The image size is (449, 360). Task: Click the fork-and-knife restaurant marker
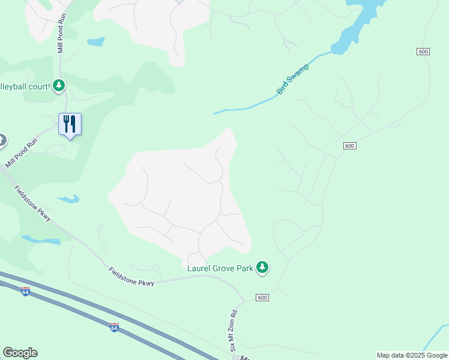tap(70, 124)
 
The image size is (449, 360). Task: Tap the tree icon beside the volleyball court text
tap(58, 86)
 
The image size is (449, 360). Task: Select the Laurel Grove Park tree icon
tap(262, 267)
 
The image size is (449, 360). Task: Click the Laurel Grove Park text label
tap(220, 268)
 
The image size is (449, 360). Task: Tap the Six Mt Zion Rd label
tap(234, 331)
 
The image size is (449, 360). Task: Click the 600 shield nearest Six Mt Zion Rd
tap(262, 298)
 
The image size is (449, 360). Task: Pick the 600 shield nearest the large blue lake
tap(423, 52)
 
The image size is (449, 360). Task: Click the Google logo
tap(20, 353)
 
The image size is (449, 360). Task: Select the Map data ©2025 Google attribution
tap(411, 355)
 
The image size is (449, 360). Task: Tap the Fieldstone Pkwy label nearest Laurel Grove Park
tap(131, 277)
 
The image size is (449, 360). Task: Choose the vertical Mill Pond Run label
tap(61, 35)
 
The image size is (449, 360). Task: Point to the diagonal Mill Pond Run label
tap(21, 154)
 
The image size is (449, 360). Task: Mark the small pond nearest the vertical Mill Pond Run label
tap(95, 42)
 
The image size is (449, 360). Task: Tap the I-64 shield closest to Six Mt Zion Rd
tap(114, 327)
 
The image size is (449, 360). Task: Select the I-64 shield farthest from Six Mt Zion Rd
tap(25, 292)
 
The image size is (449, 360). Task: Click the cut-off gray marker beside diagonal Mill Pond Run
tap(2, 141)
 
